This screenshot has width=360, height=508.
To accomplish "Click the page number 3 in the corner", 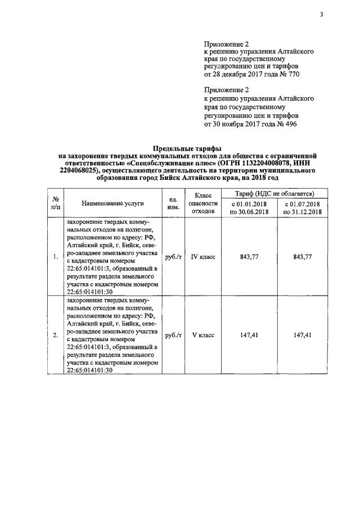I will [321, 15].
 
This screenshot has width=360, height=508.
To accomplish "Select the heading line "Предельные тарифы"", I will [188, 148].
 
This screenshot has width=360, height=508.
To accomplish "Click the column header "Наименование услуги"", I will [112, 203].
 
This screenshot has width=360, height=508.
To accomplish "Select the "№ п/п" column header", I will [56, 203].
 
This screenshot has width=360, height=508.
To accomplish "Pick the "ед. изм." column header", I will [173, 203].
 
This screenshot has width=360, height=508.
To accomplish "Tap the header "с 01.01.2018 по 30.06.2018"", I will [250, 207].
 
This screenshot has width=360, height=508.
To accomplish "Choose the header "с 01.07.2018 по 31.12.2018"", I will [303, 207].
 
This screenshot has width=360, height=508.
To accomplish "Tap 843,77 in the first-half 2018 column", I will [249, 257].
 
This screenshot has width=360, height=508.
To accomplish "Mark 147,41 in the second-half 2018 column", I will [303, 335].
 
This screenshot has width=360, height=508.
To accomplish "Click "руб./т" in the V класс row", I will [173, 335].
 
